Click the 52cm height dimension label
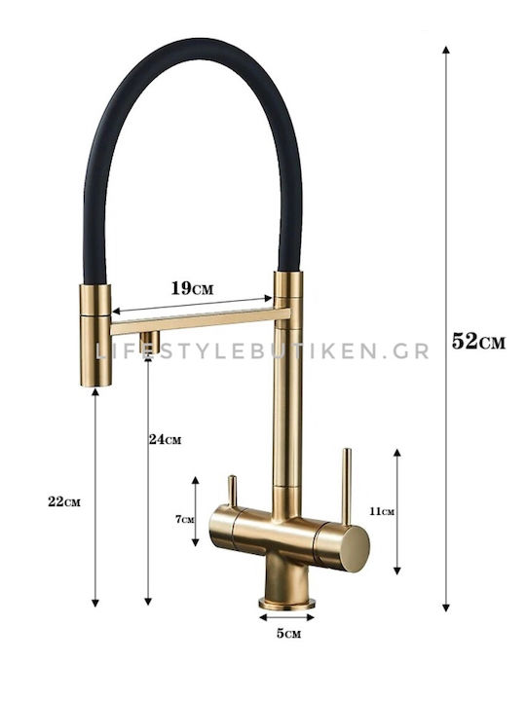click(x=478, y=342)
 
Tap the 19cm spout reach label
click(x=192, y=288)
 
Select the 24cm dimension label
click(x=165, y=439)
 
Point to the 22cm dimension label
click(x=64, y=501)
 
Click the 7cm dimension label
click(x=185, y=519)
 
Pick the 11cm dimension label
click(x=382, y=511)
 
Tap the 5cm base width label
click(x=288, y=633)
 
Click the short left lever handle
click(x=232, y=491)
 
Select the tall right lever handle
click(x=346, y=486)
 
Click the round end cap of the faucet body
click(x=355, y=548)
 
